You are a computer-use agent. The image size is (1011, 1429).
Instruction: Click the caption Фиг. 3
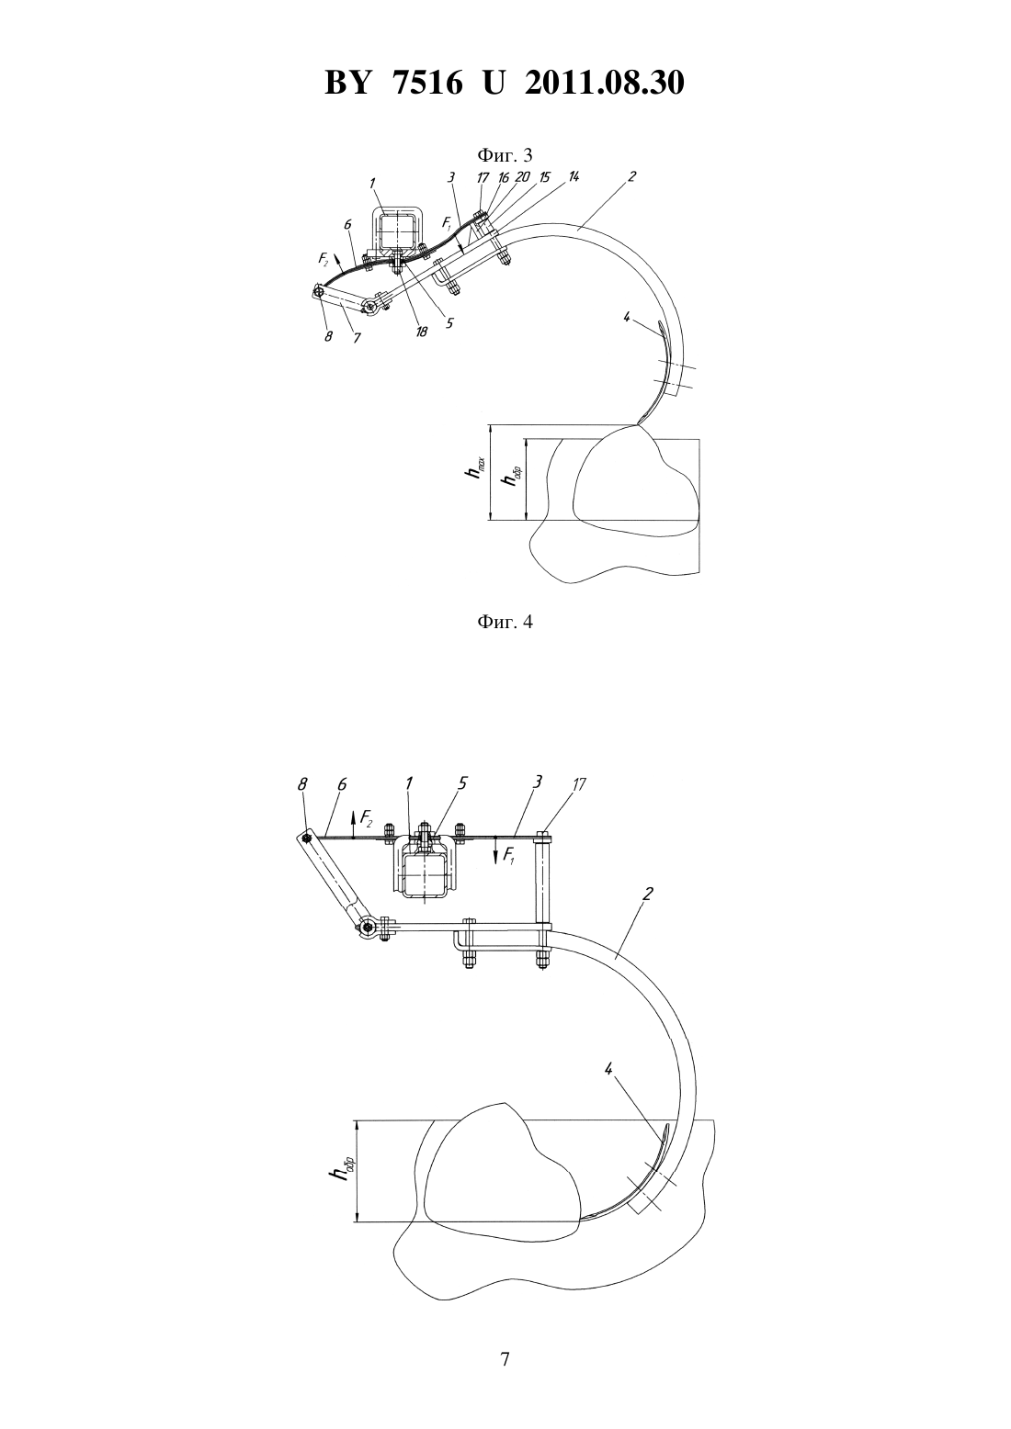pos(505,154)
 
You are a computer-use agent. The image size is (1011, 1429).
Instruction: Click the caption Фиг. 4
pos(505,622)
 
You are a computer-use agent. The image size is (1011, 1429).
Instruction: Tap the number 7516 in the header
pos(426,83)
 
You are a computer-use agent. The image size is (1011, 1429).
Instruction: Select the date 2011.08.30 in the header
pos(605,83)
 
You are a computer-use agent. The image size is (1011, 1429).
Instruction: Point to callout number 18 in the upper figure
pos(421,332)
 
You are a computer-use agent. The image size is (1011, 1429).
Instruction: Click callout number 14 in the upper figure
pos(574,176)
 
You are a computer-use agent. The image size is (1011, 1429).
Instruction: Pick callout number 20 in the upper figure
pos(523,176)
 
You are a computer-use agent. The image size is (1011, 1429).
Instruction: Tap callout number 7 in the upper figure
pos(357,337)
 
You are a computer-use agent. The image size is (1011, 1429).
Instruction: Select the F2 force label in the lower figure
pos(367,816)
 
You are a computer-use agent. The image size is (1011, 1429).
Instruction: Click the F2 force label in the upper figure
pos(324,259)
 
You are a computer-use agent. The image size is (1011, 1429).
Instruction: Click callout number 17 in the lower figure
pos(579,784)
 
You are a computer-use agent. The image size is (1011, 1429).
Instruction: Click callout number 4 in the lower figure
pos(608,1069)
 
